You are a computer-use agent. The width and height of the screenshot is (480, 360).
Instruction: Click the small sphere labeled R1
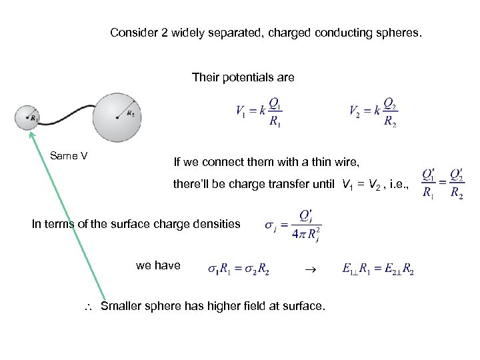[x=28, y=118]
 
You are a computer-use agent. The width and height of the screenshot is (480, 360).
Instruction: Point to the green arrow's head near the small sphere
[x=31, y=135]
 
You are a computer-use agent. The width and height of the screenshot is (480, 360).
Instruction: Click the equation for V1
[x=261, y=113]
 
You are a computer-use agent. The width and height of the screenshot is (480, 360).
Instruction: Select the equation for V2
[x=373, y=113]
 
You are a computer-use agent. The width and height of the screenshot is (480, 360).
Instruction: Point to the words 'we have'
[x=158, y=265]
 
